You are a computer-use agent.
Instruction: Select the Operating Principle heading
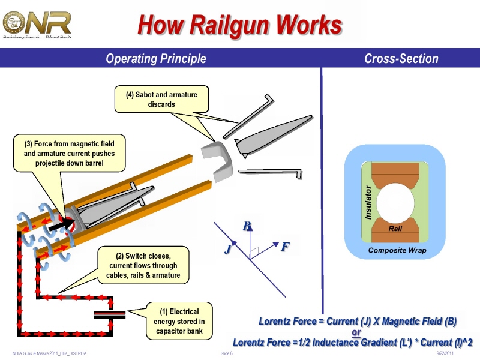(x=155, y=59)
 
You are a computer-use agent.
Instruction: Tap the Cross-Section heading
(x=401, y=59)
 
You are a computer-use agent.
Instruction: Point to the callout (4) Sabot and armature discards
(x=161, y=99)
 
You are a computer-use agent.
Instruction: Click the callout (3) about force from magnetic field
(x=69, y=154)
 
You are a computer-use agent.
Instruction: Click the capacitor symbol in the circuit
(x=109, y=314)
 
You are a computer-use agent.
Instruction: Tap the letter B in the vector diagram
(x=246, y=227)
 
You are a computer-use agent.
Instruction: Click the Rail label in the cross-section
(x=395, y=229)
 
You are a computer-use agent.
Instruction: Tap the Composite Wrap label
(x=397, y=250)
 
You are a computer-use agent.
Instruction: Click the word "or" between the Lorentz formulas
(x=356, y=332)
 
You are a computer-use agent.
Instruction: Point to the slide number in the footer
(x=227, y=353)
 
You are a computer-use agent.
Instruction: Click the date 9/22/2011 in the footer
(x=446, y=353)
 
